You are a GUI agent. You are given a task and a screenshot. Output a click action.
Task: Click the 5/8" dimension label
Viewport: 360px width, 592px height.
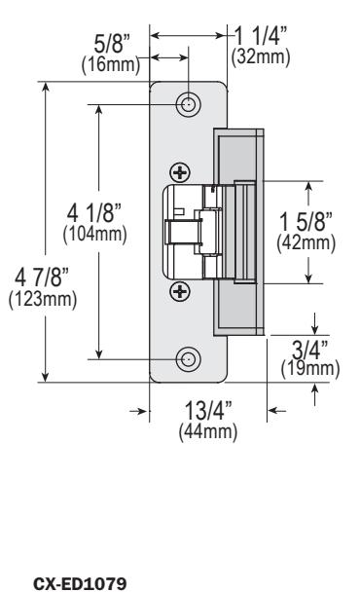click(x=112, y=44)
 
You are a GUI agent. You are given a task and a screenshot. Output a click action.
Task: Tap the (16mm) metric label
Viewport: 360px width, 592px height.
click(x=111, y=64)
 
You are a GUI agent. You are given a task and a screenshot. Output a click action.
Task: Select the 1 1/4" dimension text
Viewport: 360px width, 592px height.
click(x=261, y=36)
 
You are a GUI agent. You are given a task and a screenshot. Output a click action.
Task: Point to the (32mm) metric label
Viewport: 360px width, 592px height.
click(x=261, y=56)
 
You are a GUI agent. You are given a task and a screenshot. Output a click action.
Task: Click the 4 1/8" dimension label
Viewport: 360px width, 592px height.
click(x=94, y=212)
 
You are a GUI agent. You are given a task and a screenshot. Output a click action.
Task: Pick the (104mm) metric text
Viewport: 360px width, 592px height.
click(x=94, y=234)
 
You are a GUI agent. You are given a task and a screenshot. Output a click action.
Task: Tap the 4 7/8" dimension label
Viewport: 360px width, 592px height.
click(x=42, y=277)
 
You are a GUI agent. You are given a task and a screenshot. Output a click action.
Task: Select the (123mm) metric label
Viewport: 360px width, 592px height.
click(x=43, y=299)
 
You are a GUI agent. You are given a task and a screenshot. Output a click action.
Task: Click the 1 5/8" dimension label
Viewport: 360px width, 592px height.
click(x=306, y=221)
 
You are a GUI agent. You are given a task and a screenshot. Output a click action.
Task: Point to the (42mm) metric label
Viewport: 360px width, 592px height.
click(x=306, y=242)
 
